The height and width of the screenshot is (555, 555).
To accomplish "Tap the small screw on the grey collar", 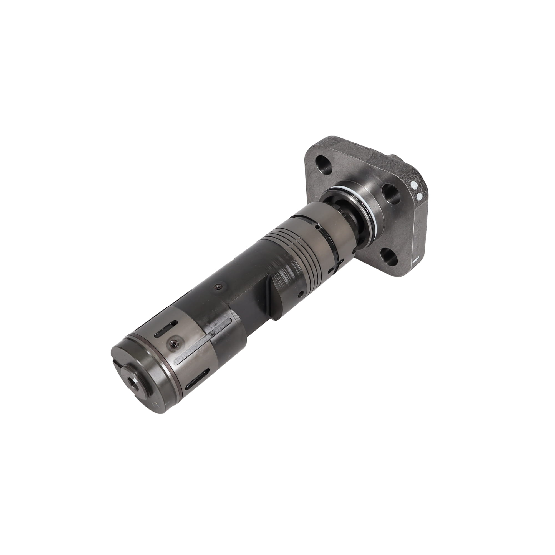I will [x=173, y=342].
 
